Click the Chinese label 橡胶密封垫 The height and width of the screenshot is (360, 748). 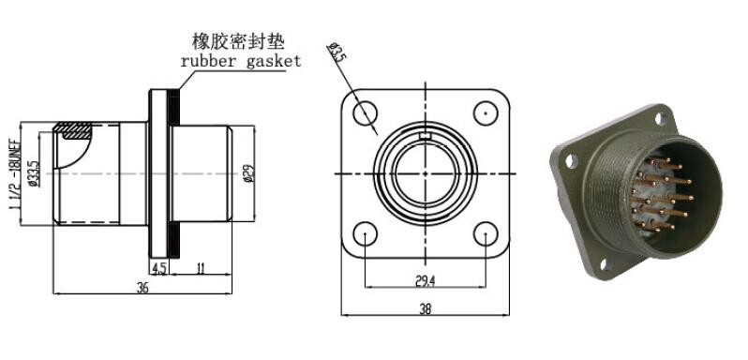click(238, 41)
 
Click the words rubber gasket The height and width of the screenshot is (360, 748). click(241, 61)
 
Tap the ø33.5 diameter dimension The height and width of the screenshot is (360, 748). click(34, 174)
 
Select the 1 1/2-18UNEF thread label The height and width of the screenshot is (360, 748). click(14, 174)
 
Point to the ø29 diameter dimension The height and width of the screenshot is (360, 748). click(248, 173)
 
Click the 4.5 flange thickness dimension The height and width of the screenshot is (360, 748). click(158, 269)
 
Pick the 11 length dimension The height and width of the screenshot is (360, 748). click(201, 269)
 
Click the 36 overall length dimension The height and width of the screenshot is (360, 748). click(142, 288)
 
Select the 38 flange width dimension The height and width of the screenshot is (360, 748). click(425, 309)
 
